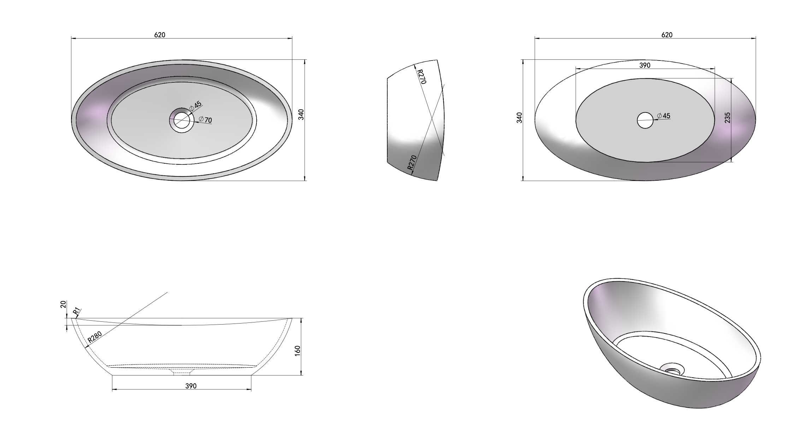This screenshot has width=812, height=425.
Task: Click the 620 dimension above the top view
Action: [160, 35]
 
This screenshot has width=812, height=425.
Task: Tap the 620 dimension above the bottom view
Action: [666, 35]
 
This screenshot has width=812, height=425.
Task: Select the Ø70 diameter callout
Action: [205, 120]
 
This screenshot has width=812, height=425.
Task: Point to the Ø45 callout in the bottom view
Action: [664, 116]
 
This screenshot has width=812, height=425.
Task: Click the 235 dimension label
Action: [727, 118]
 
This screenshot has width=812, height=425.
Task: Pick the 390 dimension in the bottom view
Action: [645, 65]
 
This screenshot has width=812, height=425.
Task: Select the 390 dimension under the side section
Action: [191, 386]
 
